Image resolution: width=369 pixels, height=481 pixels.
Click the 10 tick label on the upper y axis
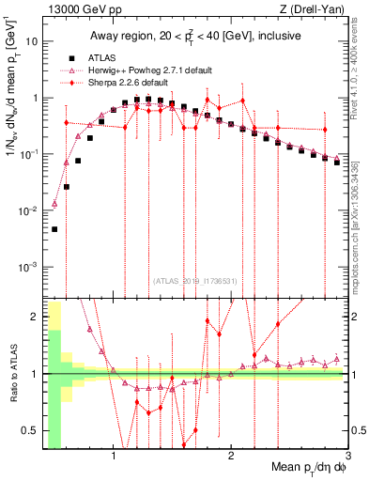click(33, 41)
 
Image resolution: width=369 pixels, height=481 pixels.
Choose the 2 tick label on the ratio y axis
click(36, 317)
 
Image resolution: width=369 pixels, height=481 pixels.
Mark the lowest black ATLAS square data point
click(54, 229)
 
